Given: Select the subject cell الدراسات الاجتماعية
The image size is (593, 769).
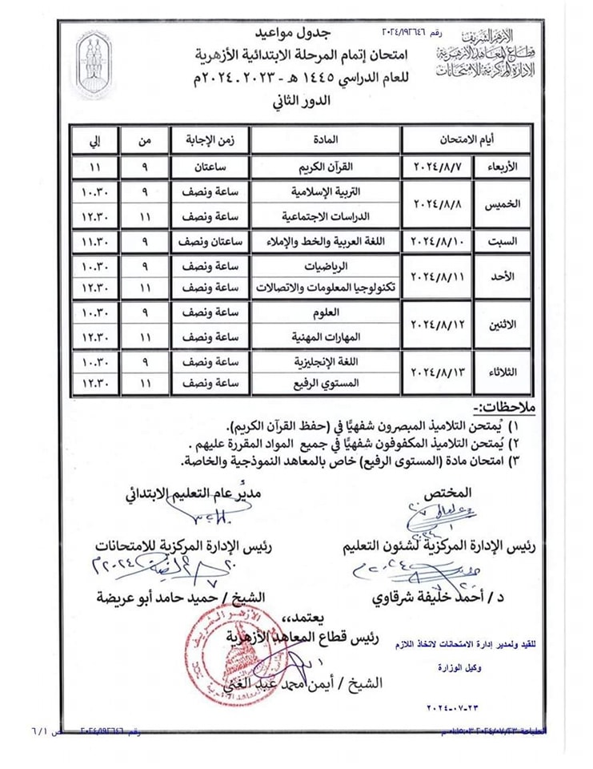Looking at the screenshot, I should tap(323, 217).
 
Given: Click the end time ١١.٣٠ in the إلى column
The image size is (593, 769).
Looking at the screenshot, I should tap(94, 241).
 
